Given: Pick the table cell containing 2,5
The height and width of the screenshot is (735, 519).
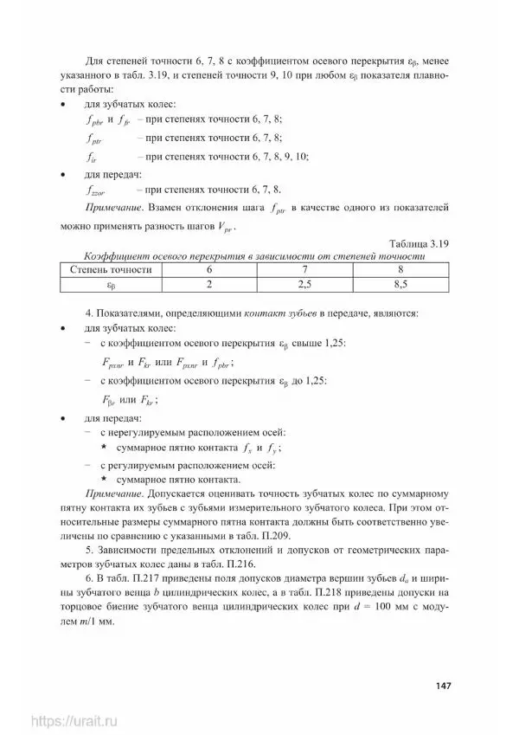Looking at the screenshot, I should pos(304,282).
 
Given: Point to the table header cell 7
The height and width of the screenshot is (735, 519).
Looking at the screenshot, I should pos(304,269).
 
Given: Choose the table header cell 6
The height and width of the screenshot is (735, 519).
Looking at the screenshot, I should pos(208,269).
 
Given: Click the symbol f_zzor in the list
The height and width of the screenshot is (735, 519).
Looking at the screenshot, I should pos(99,190).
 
